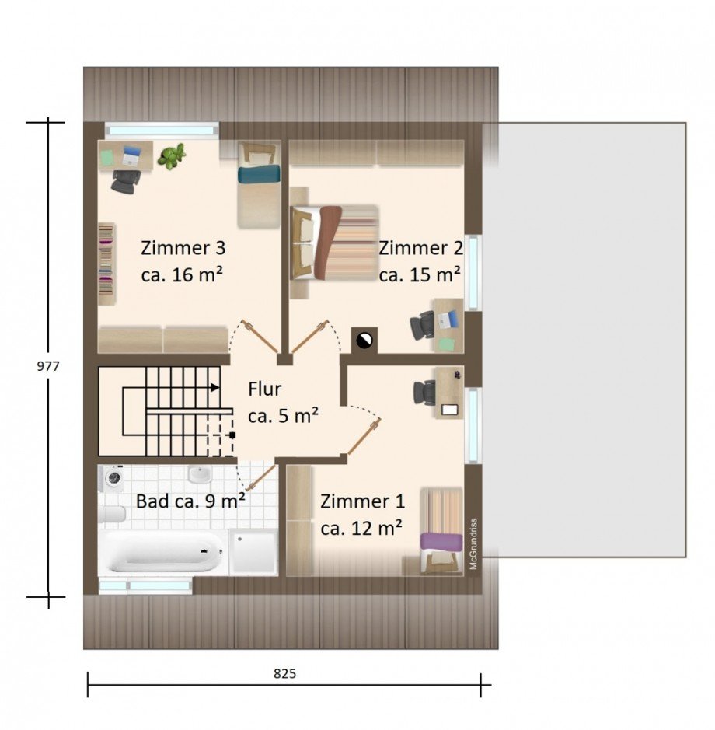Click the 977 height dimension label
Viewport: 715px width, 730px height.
click(x=48, y=366)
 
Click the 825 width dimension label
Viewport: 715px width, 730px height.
click(x=284, y=674)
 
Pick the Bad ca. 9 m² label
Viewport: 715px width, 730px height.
click(x=190, y=501)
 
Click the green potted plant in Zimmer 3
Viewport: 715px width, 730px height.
click(x=171, y=155)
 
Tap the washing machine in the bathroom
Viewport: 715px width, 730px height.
click(x=112, y=477)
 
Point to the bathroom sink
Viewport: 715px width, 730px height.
click(x=200, y=474)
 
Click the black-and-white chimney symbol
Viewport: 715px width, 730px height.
click(x=364, y=341)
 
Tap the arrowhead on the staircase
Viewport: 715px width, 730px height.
click(x=214, y=387)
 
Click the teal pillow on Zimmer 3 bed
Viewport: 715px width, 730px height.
click(x=259, y=174)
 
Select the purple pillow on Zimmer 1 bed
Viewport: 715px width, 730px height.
click(x=441, y=541)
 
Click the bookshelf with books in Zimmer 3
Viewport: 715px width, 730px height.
click(x=106, y=264)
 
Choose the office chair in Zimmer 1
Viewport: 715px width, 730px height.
click(x=424, y=393)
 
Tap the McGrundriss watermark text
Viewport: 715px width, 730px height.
click(x=474, y=543)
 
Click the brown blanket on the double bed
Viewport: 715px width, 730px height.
click(x=328, y=242)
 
